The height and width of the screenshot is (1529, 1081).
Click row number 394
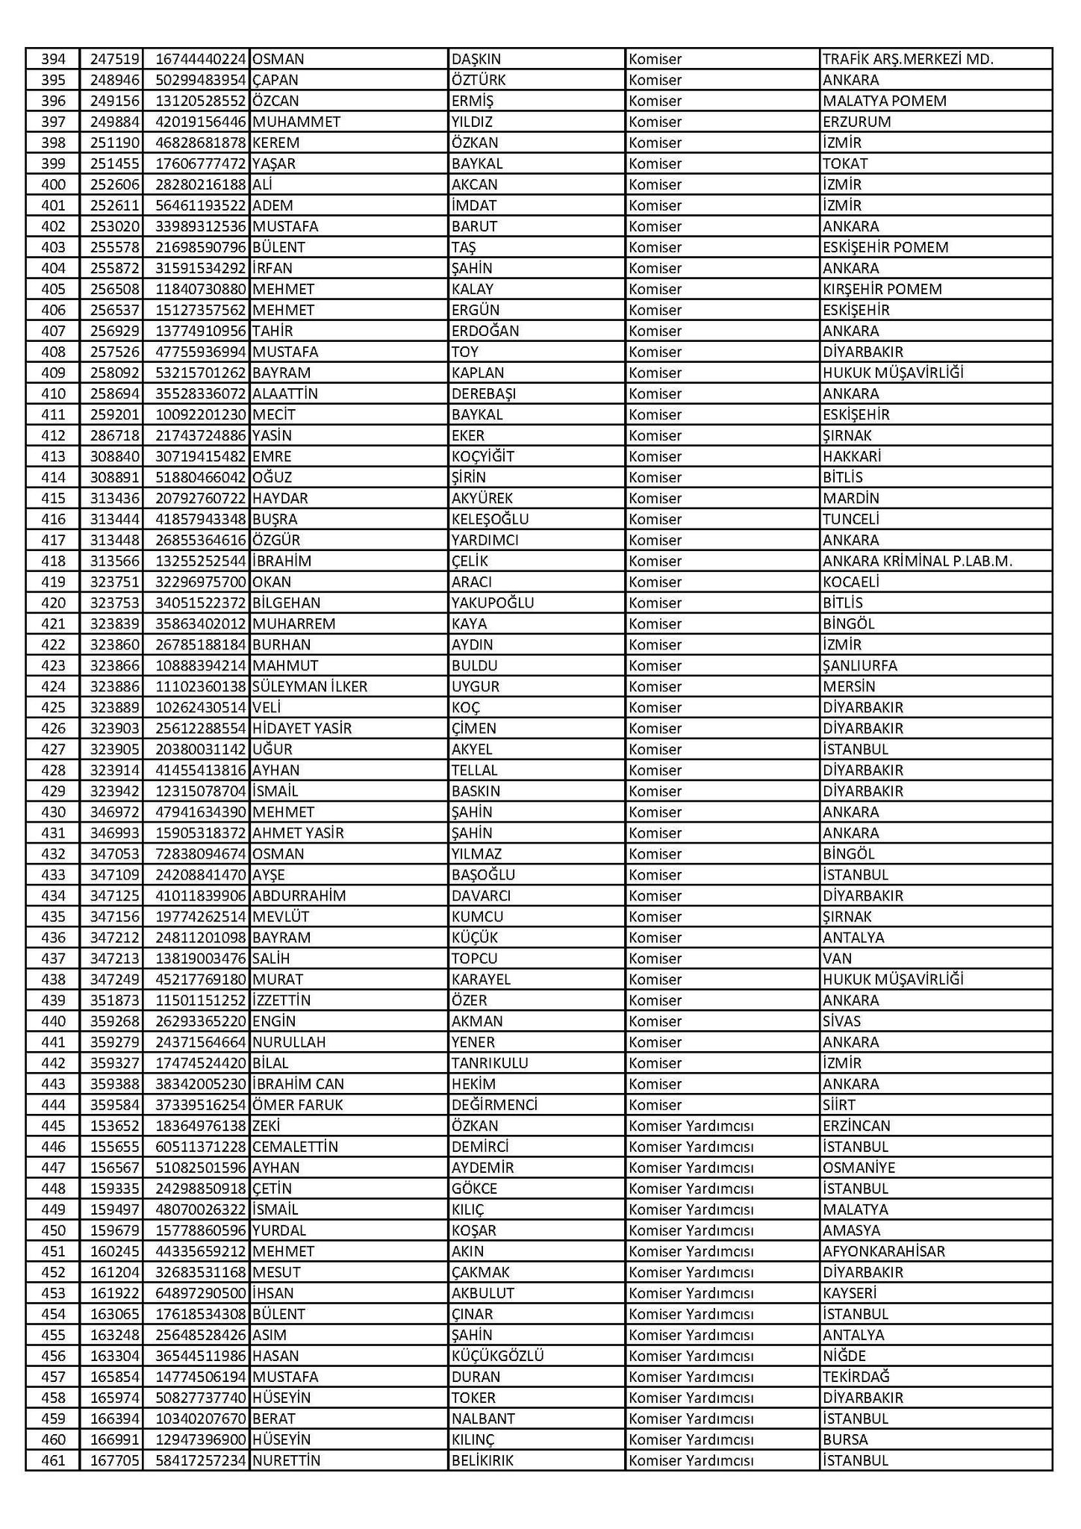pyautogui.click(x=53, y=59)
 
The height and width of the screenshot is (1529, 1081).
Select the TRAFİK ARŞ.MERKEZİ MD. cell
pyautogui.click(x=907, y=59)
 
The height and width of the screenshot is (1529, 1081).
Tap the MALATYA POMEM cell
pyautogui.click(x=884, y=101)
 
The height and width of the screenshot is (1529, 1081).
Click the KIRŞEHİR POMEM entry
pyautogui.click(x=882, y=289)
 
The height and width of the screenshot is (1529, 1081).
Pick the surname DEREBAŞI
pyautogui.click(x=483, y=393)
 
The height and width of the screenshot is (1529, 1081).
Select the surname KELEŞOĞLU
pyautogui.click(x=490, y=519)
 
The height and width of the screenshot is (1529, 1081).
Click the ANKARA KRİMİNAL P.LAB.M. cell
pyautogui.click(x=917, y=561)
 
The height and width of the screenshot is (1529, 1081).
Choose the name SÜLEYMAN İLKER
pyautogui.click(x=310, y=686)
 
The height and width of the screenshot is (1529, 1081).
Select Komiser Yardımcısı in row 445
pyautogui.click(x=691, y=1125)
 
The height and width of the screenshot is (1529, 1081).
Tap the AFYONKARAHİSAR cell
pyautogui.click(x=883, y=1251)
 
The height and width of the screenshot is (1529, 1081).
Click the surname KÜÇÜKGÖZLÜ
pyautogui.click(x=497, y=1355)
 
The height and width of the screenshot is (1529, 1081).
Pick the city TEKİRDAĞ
pyautogui.click(x=856, y=1376)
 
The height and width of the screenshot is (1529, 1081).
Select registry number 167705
pyautogui.click(x=115, y=1460)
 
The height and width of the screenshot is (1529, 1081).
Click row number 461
pyautogui.click(x=53, y=1460)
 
